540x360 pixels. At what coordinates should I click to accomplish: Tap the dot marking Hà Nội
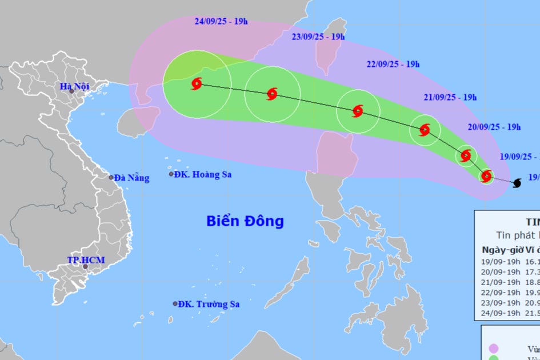point(71,91)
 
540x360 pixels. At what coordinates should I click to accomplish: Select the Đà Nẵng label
point(131,178)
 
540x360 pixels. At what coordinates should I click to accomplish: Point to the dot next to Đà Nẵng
point(111,177)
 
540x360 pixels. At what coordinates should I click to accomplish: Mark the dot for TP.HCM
point(85,266)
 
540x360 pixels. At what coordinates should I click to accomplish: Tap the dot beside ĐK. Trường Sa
point(175,304)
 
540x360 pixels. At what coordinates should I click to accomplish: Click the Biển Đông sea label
point(245,221)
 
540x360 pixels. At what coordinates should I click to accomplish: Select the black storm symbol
point(517,183)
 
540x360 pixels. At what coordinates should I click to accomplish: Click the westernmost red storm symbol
point(197,85)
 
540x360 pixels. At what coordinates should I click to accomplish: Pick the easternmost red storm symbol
point(486,176)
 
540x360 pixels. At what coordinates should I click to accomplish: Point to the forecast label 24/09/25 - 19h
point(221,22)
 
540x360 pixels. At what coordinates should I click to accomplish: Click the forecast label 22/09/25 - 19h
point(393,64)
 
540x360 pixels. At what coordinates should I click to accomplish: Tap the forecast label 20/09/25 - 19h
point(494,127)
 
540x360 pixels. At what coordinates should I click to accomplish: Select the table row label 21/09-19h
point(501,282)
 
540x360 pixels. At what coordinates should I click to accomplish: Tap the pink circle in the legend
point(494,349)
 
